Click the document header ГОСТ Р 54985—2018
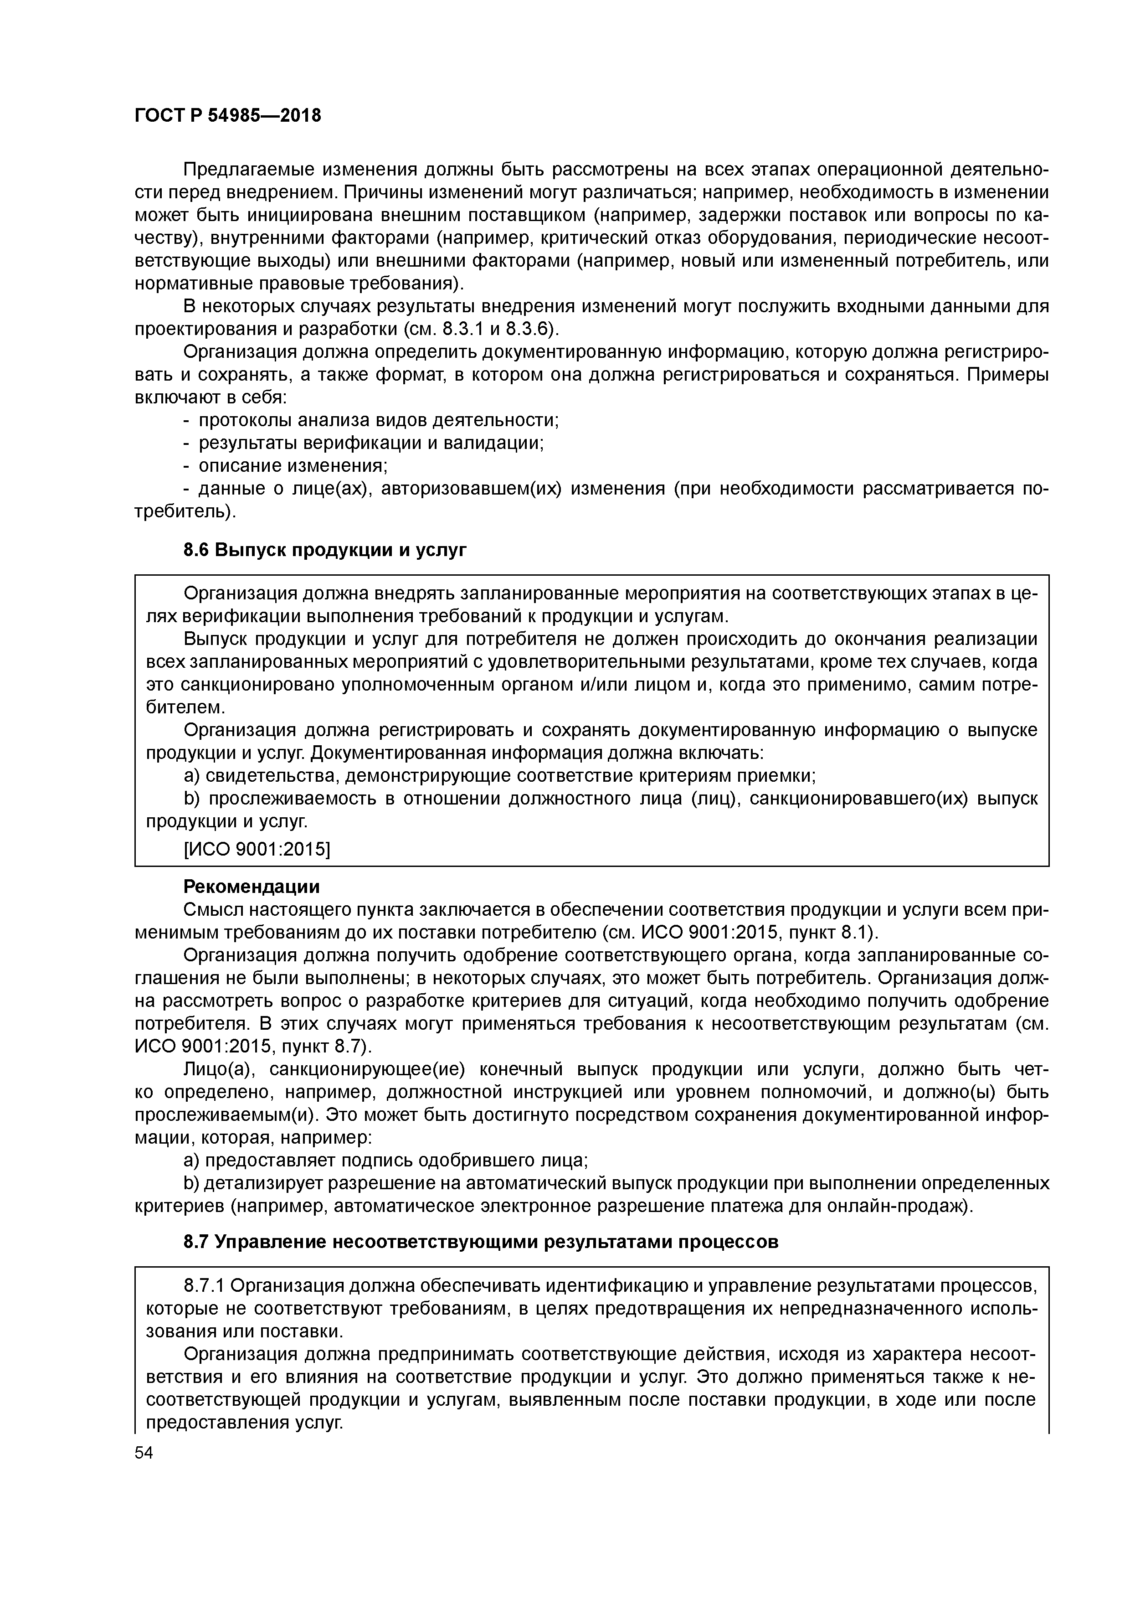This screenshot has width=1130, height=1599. tap(228, 116)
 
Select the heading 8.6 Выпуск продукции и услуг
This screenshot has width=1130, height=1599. tap(324, 550)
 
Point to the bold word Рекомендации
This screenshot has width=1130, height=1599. tap(252, 887)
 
